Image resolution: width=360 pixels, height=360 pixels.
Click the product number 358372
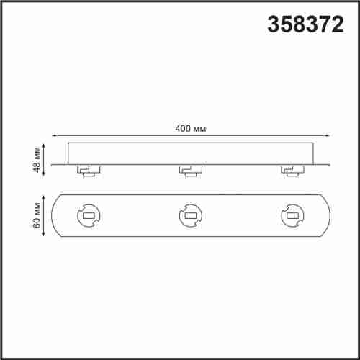pos(306,24)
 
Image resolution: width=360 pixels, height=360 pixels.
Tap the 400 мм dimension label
pos(191,129)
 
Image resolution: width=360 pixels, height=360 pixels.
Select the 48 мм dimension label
pos(37,159)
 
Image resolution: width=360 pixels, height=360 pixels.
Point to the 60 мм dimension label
pos(37,215)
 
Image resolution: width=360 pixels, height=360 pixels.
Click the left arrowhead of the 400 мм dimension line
pos(55,136)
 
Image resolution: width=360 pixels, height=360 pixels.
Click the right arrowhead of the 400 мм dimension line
pos(328,136)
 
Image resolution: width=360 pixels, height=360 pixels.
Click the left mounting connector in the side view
pos(89,171)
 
